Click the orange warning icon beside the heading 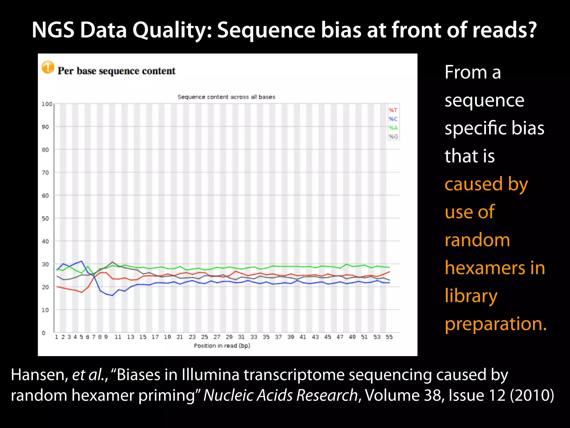[x=48, y=67]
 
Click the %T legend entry [x=393, y=110]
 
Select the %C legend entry [x=393, y=119]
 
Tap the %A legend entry [x=393, y=128]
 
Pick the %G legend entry [x=393, y=137]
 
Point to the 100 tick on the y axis [x=47, y=104]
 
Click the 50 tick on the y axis [x=45, y=218]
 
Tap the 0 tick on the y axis [x=44, y=333]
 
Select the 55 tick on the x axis [x=389, y=337]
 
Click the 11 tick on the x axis [x=118, y=337]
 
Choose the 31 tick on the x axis [x=241, y=337]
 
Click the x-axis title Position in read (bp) [x=222, y=346]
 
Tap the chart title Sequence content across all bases [x=226, y=97]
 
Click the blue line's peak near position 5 [x=82, y=261]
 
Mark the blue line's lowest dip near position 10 [x=112, y=295]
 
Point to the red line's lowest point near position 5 [x=82, y=292]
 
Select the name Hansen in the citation [x=39, y=375]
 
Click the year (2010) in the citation [x=532, y=395]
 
